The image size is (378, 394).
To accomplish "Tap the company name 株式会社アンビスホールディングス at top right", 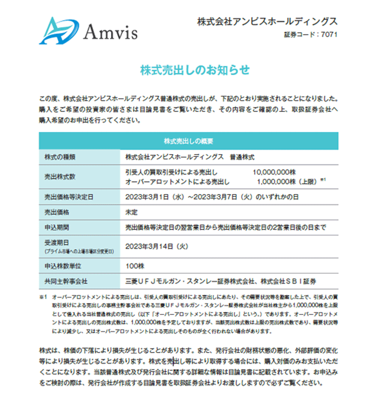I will coord(267,22).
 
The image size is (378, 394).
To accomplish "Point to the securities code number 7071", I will coord(329,35).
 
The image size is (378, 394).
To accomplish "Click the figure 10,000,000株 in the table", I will coord(277,172).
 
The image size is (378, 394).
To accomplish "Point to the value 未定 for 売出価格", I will coord(132,212).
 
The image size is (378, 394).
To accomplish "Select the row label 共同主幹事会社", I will coord(63,281).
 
